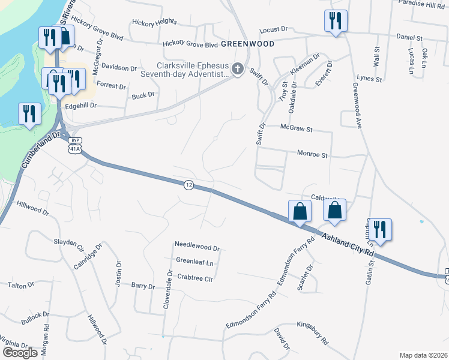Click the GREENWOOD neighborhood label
coord(247,44)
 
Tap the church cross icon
coord(238,70)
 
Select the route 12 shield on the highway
coord(189,185)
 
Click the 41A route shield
coord(74,148)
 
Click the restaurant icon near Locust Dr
coord(334,20)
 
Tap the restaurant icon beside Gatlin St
coord(379,229)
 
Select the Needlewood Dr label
coord(197,246)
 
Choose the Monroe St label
coord(312,154)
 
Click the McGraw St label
coord(297,128)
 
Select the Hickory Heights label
coord(155,21)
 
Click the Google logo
coord(20,352)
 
